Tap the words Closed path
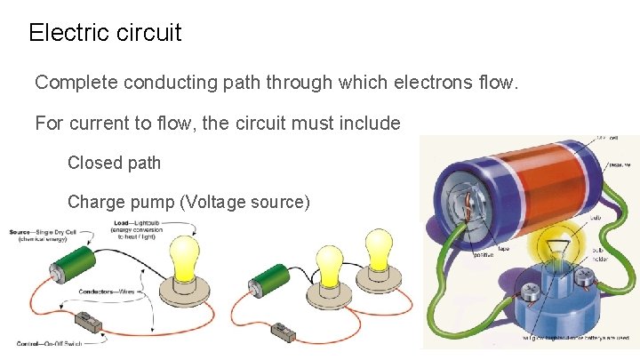coord(115,163)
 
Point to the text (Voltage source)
coord(244,202)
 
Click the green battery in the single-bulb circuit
coord(71,263)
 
